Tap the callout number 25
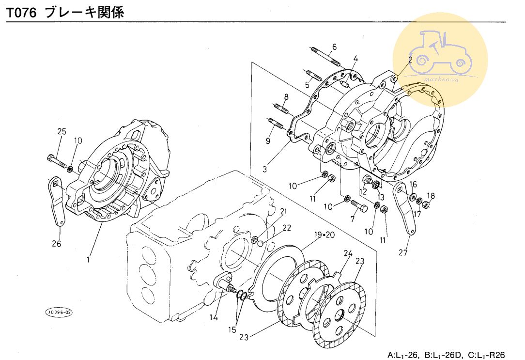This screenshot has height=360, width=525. [x=62, y=131]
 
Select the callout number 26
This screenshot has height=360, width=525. [x=57, y=244]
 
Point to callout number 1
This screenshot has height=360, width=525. [x=88, y=260]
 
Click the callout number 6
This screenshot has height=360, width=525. [x=334, y=47]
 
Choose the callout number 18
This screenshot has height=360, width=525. [x=431, y=196]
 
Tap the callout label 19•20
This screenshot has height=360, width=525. [x=324, y=235]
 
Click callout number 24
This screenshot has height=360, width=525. [x=348, y=253]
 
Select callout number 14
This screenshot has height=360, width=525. [x=214, y=318]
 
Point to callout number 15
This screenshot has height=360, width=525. [x=232, y=330]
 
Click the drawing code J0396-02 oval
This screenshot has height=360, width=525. [x=59, y=313]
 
